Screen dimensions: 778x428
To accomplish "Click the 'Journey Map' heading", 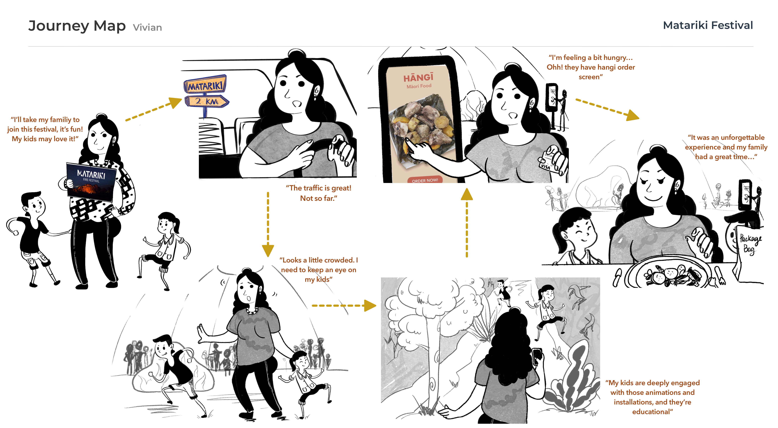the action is tap(77, 26).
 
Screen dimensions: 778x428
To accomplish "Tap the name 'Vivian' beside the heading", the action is tap(147, 27).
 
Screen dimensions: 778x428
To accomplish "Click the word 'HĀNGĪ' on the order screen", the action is tap(418, 78).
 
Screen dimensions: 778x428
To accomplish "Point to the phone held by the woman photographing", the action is tap(537, 356).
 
